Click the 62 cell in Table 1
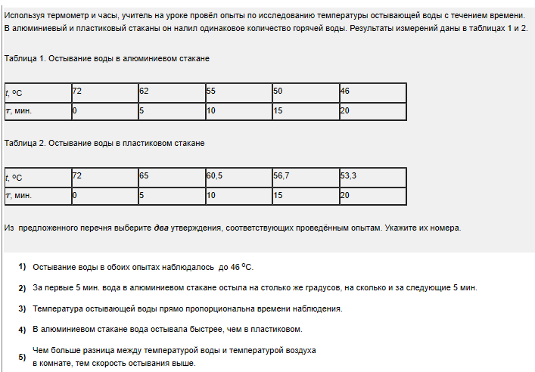click(x=171, y=92)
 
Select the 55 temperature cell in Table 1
click(x=238, y=92)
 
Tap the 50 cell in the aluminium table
click(x=305, y=92)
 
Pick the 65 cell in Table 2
click(x=171, y=177)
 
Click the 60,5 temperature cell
click(x=238, y=177)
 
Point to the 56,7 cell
click(x=305, y=177)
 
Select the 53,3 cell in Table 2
click(x=372, y=177)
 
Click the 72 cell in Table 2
click(x=104, y=177)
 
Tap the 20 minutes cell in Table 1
click(x=372, y=110)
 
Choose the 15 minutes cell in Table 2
click(x=305, y=195)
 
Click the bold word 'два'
click(x=161, y=228)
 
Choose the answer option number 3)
click(x=22, y=308)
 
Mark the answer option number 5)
click(x=22, y=356)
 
